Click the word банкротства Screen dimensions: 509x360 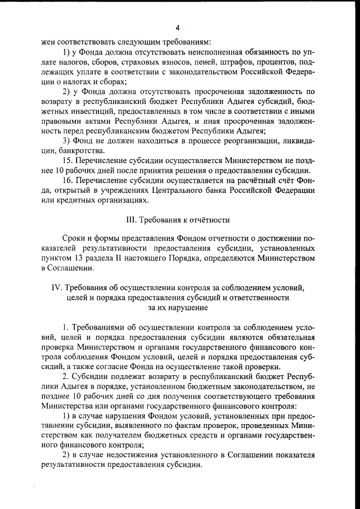tap(80, 151)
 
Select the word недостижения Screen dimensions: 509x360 tap(124, 456)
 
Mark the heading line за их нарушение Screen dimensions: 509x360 tap(177, 308)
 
